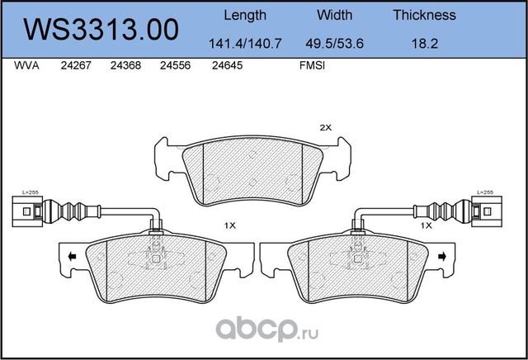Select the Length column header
[x=245, y=15]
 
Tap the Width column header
[x=335, y=15]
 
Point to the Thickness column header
[x=424, y=15]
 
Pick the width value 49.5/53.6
[x=335, y=43]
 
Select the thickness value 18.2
[x=424, y=43]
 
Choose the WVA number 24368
[x=124, y=69]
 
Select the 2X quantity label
[x=325, y=127]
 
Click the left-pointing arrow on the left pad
[x=73, y=258]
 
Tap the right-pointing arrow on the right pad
[x=445, y=258]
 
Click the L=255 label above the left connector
[x=30, y=192]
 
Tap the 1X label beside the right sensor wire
[x=427, y=225]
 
